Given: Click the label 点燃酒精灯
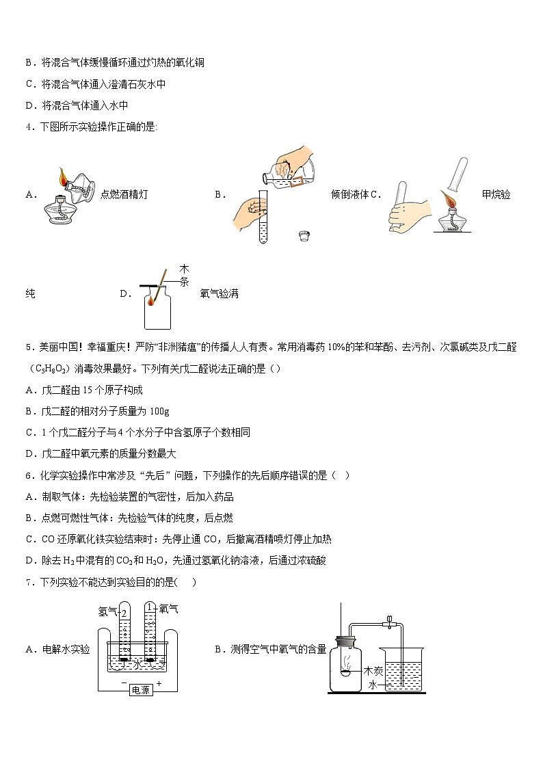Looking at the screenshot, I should pyautogui.click(x=124, y=194).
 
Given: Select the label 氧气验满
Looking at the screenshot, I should pyautogui.click(x=220, y=294).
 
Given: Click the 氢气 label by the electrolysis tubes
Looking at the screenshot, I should pyautogui.click(x=107, y=611).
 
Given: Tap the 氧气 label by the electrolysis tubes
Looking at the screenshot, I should pyautogui.click(x=169, y=608).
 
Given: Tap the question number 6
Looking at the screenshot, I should pyautogui.click(x=27, y=475).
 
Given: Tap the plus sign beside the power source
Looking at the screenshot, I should pyautogui.click(x=159, y=683).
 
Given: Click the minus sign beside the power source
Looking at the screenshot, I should pyautogui.click(x=123, y=683).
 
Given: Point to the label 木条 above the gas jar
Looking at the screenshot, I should pyautogui.click(x=184, y=275).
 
